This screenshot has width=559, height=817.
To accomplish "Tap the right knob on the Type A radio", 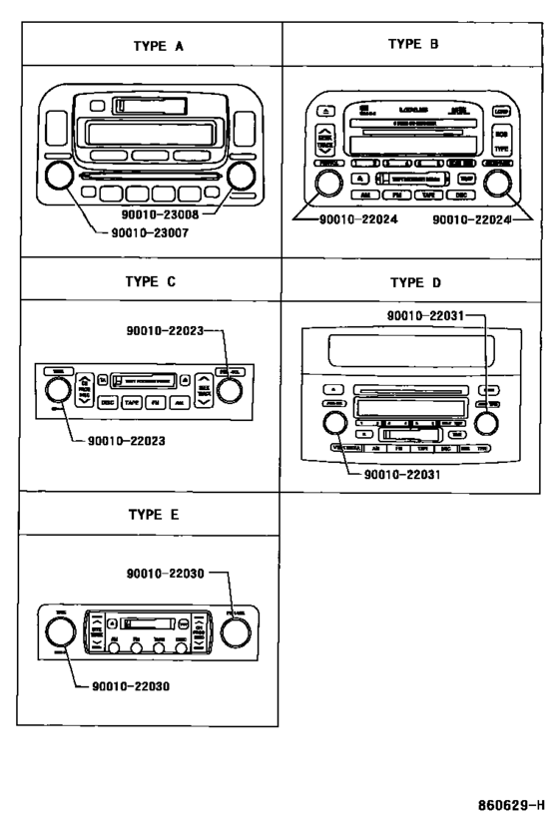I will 240,177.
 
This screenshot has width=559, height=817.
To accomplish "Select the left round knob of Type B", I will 324,184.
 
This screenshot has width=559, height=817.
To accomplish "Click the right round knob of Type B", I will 495,184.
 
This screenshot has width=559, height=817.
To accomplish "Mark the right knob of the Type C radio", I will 231,386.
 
